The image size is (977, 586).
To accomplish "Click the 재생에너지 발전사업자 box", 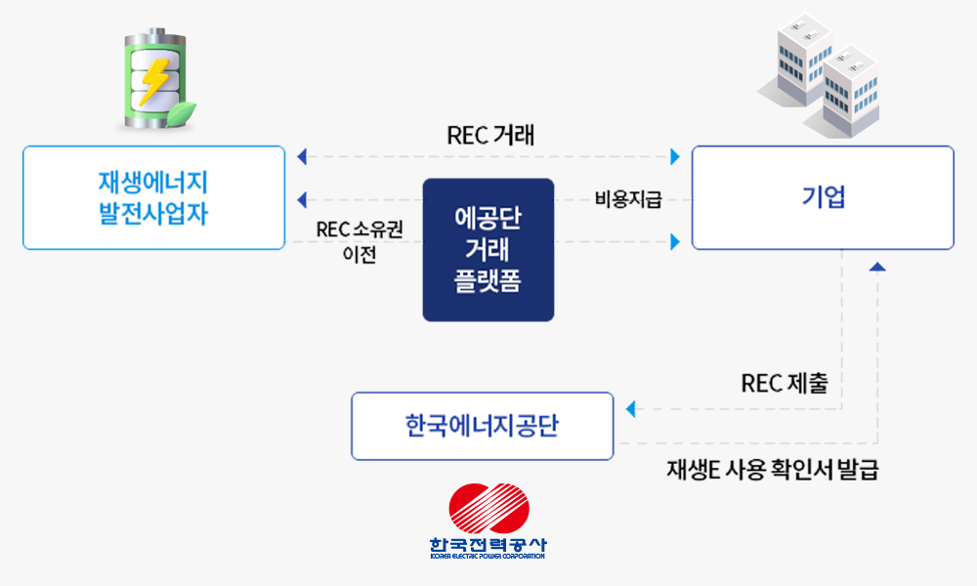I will pos(153,197).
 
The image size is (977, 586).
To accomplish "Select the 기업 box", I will pos(823,197).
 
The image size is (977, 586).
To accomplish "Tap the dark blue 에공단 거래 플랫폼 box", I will pos(488,250).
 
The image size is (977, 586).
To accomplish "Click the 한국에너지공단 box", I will pos(483,426).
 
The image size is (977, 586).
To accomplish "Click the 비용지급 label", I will pos(628,200).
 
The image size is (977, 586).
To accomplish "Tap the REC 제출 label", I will pos(785,383).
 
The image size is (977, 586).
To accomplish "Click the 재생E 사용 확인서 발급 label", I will pos(772,470).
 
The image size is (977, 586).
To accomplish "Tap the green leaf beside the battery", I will pos(182,112).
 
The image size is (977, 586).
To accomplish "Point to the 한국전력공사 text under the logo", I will pos(488,546).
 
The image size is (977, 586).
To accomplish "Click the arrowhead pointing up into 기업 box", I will pos(878,266).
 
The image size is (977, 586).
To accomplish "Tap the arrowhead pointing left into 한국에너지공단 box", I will pos(629,408).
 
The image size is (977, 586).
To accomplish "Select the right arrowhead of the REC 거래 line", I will pos(674,156).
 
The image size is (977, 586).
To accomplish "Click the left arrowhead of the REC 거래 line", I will pos(302,156).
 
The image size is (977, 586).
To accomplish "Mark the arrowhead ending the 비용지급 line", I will pos(302,199).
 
